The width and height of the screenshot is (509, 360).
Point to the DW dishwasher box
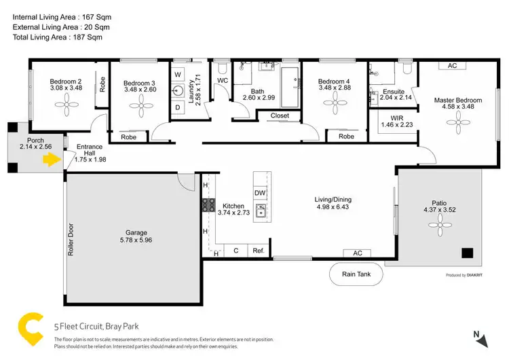tap(260, 193)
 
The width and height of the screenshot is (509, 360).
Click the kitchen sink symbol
tap(260, 209)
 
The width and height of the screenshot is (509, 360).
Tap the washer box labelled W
tap(178, 74)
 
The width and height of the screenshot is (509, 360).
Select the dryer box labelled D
tap(178, 107)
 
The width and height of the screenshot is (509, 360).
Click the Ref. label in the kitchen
tap(258, 251)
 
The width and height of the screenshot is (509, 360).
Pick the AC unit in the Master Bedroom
tap(452, 66)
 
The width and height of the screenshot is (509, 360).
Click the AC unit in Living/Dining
tap(358, 253)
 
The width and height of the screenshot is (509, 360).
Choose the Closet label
tap(280, 115)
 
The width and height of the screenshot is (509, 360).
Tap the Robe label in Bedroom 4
tap(346, 137)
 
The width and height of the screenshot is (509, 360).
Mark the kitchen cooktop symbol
tap(208, 206)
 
